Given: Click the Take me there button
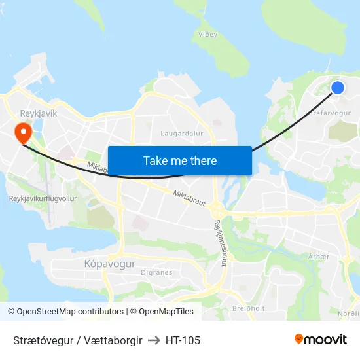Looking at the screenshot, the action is [179, 160].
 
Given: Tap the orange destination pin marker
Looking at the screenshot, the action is [24, 133].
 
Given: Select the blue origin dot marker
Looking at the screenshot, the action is [338, 88].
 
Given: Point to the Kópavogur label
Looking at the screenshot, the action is [110, 264].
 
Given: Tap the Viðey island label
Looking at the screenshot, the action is [227, 34].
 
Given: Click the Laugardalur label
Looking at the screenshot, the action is [182, 133].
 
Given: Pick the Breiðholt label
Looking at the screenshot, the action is [249, 308].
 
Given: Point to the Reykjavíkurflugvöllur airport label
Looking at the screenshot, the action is [43, 198].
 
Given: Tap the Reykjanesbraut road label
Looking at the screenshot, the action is [219, 242].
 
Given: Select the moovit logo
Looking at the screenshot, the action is [321, 340].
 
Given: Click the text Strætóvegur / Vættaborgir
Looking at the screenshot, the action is [77, 340].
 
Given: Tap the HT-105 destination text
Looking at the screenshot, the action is [183, 340].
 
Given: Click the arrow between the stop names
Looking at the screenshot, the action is [154, 340].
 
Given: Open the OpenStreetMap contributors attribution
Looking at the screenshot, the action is [70, 312].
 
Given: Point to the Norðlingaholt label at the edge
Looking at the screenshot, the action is [348, 314].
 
